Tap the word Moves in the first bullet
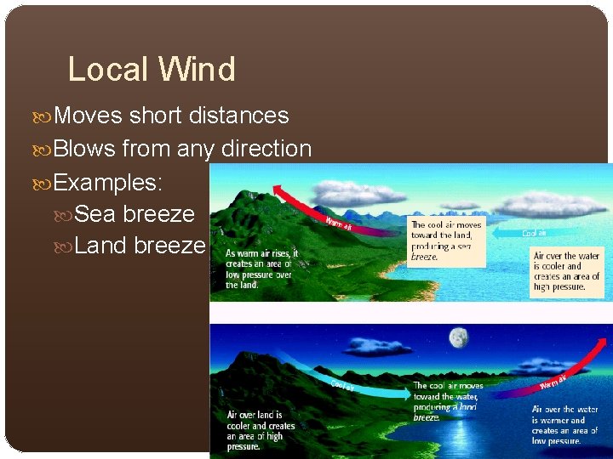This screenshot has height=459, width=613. tap(89, 116)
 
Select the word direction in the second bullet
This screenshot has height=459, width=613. tap(266, 149)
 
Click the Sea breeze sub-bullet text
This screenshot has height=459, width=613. tap(135, 213)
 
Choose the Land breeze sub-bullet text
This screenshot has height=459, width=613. tap(140, 246)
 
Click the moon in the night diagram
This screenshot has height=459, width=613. tap(459, 338)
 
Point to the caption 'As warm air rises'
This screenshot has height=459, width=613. tap(259, 269)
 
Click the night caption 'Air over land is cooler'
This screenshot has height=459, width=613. tap(261, 430)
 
